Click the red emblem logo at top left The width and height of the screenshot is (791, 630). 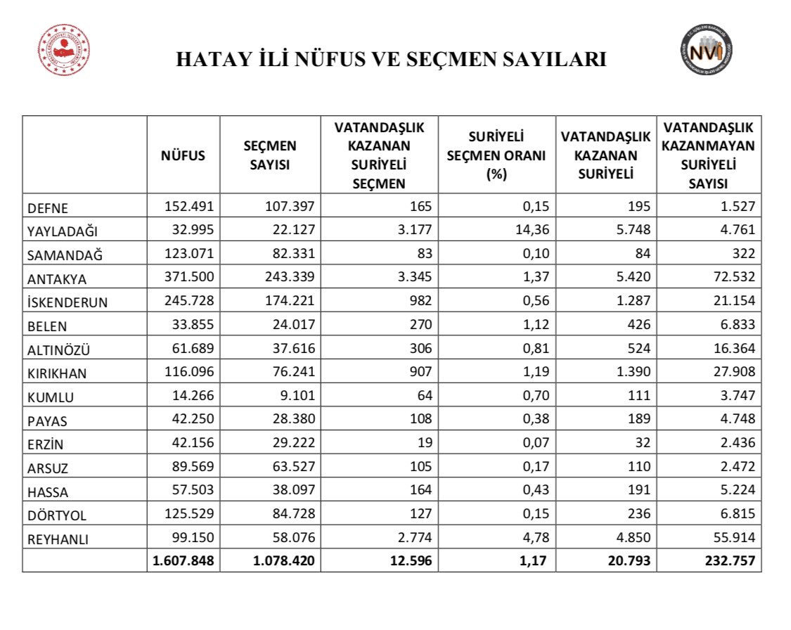coord(63,51)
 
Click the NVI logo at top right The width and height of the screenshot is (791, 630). coord(706,50)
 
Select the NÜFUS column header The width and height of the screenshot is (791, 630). coord(183,155)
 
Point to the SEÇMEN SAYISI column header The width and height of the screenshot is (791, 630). coord(270,155)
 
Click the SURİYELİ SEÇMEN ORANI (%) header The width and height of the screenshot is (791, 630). coord(496,155)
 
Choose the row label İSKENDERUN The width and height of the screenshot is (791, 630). coord(67,302)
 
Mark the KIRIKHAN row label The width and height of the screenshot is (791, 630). coord(59,373)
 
